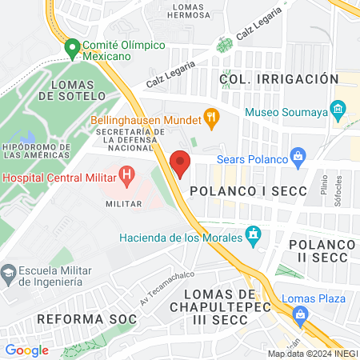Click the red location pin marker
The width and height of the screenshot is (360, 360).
[181, 163]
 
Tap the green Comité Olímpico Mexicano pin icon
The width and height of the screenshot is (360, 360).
[72, 49]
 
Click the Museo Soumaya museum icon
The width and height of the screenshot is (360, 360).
[338, 108]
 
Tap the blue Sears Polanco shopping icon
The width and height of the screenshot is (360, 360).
[298, 155]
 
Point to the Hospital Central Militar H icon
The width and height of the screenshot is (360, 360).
[126, 173]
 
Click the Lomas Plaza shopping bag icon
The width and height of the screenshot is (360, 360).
[301, 313]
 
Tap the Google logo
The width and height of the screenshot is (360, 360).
[27, 350]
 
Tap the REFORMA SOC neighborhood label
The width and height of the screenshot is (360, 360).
[86, 318]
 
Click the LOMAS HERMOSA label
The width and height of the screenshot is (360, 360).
[190, 10]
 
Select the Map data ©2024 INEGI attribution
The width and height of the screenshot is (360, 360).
[312, 353]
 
